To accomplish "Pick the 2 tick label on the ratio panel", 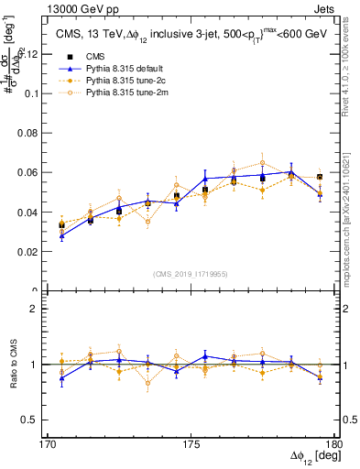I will (40, 310).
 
